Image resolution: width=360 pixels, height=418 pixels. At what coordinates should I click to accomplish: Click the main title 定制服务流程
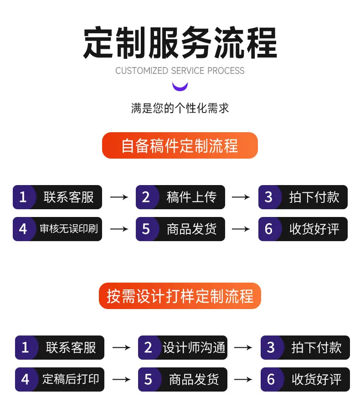(x=180, y=43)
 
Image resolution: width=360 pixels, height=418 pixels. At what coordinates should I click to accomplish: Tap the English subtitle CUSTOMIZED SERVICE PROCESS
(x=180, y=71)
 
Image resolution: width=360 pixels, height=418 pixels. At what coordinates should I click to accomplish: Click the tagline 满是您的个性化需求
(x=180, y=108)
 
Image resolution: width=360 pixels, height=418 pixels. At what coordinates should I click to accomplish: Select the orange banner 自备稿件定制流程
(x=180, y=145)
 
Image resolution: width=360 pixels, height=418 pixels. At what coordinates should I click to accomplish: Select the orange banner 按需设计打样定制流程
(x=180, y=296)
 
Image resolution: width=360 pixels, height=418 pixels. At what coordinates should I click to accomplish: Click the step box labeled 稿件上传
(x=180, y=197)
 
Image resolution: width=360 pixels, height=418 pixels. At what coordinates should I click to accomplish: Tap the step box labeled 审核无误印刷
(x=57, y=229)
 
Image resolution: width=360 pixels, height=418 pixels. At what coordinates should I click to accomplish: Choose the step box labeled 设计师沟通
(x=183, y=347)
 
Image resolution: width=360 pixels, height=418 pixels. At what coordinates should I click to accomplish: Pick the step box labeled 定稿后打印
(x=60, y=379)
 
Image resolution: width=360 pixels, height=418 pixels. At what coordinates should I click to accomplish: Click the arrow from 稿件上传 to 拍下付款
(x=241, y=197)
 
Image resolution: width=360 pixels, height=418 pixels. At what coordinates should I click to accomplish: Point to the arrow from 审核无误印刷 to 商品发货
(x=119, y=229)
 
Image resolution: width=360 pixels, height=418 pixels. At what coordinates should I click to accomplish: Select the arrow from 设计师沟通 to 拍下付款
(x=243, y=347)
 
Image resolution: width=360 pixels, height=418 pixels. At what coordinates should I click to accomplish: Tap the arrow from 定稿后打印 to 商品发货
(x=122, y=379)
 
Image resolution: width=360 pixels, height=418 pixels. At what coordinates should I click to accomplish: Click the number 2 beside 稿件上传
(x=146, y=197)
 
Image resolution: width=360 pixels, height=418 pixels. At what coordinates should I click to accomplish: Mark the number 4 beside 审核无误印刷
(x=23, y=229)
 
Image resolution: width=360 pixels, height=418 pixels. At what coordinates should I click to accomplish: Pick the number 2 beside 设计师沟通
(x=148, y=347)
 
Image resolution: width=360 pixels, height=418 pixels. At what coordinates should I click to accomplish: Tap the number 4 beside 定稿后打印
(x=25, y=379)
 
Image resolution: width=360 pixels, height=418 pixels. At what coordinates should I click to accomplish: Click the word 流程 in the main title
(x=245, y=43)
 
